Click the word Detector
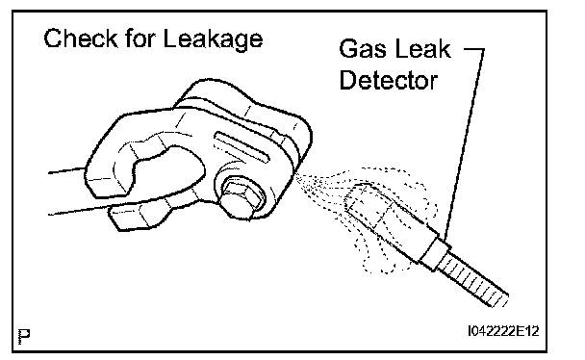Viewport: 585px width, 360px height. [x=388, y=80]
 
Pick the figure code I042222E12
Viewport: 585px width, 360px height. [x=503, y=331]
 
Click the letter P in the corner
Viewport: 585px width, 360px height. [x=24, y=337]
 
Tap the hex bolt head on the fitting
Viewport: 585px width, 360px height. [x=239, y=197]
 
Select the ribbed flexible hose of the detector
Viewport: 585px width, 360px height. [x=472, y=279]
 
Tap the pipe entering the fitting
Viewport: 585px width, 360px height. [x=67, y=192]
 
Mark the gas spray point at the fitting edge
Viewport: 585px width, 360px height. [x=297, y=175]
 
